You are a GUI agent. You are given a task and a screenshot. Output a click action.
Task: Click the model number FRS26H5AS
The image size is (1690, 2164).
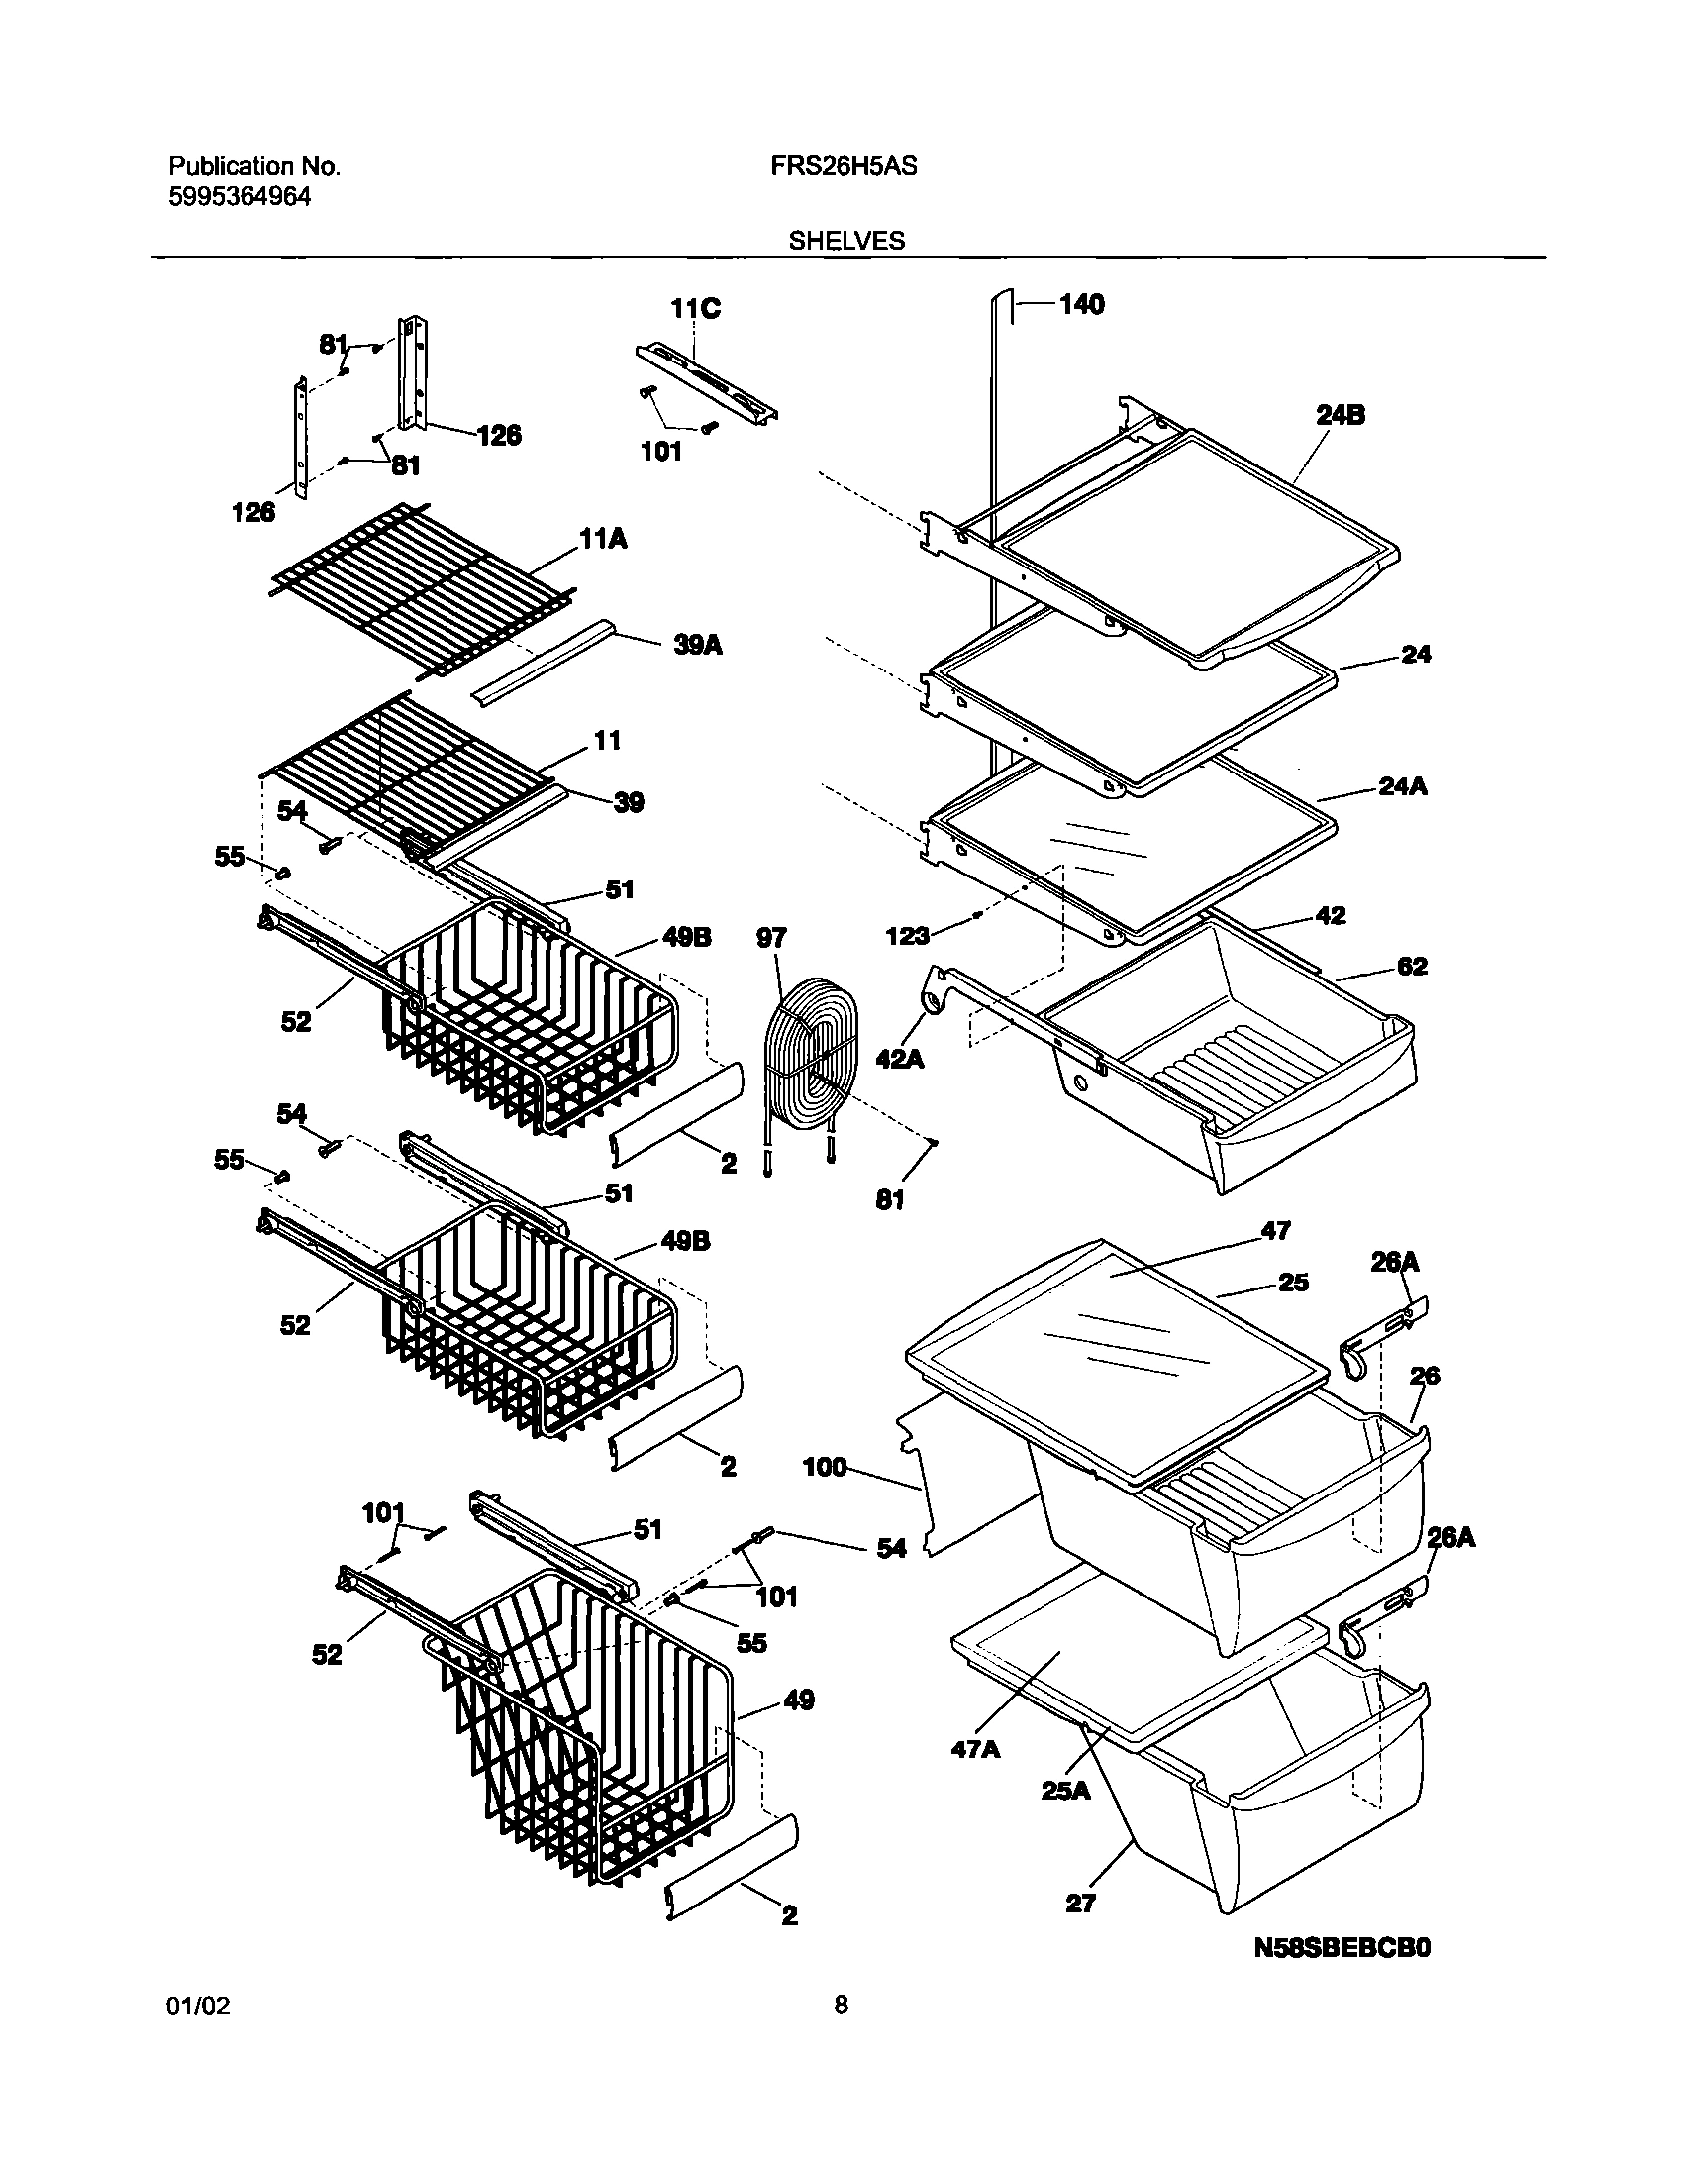[x=843, y=167]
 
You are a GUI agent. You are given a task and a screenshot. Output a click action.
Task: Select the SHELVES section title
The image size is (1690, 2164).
[x=846, y=241]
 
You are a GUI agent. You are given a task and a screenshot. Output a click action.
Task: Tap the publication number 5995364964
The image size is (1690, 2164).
[x=239, y=197]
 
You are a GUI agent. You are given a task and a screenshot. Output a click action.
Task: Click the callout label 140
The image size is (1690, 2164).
[x=1081, y=304]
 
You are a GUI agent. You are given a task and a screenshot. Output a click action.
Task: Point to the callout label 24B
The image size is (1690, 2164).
[x=1341, y=415]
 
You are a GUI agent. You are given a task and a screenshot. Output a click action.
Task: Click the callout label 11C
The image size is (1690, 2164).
[x=695, y=309]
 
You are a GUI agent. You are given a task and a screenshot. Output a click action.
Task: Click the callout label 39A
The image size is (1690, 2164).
[x=697, y=646]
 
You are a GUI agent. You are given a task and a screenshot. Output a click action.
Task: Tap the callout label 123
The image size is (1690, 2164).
[x=908, y=935]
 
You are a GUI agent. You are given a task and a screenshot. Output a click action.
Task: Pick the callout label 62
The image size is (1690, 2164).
[x=1412, y=966]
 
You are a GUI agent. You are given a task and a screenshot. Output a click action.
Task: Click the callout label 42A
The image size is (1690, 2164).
[x=900, y=1059]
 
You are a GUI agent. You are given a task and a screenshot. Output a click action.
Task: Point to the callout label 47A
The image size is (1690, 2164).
[x=976, y=1750]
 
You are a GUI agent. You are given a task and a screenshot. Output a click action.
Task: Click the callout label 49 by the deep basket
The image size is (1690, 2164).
[x=798, y=1700]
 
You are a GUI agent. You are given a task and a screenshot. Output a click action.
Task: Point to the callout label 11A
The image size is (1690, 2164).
[x=602, y=540]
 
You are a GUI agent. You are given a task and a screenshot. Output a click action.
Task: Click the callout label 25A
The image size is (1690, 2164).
[x=1065, y=1791]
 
